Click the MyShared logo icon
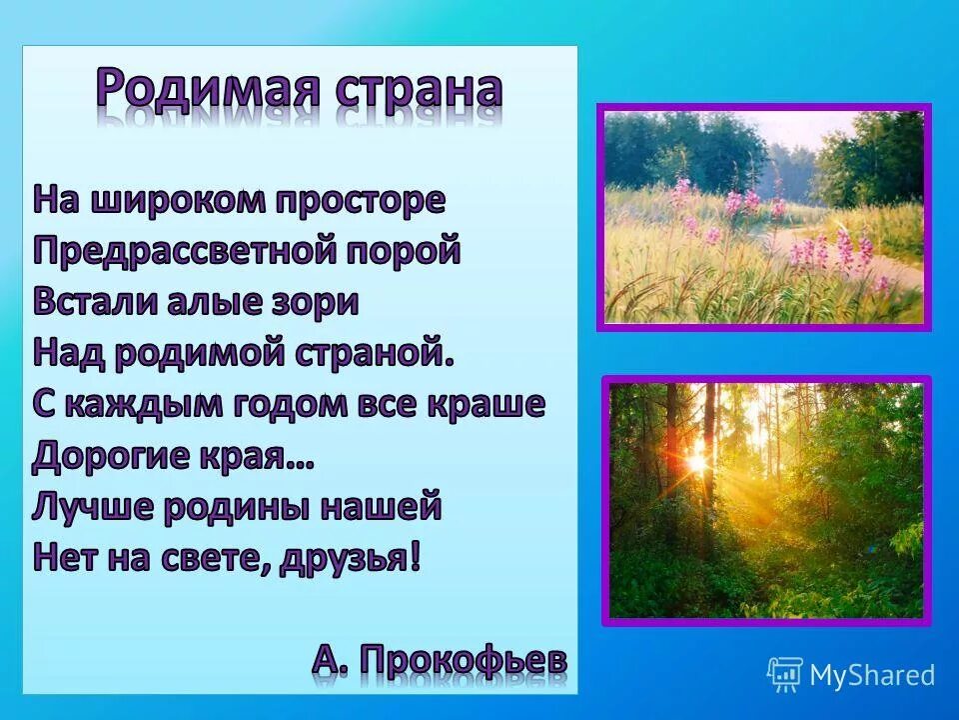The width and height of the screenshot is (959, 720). (784, 674)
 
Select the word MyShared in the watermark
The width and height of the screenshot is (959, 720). (871, 675)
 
